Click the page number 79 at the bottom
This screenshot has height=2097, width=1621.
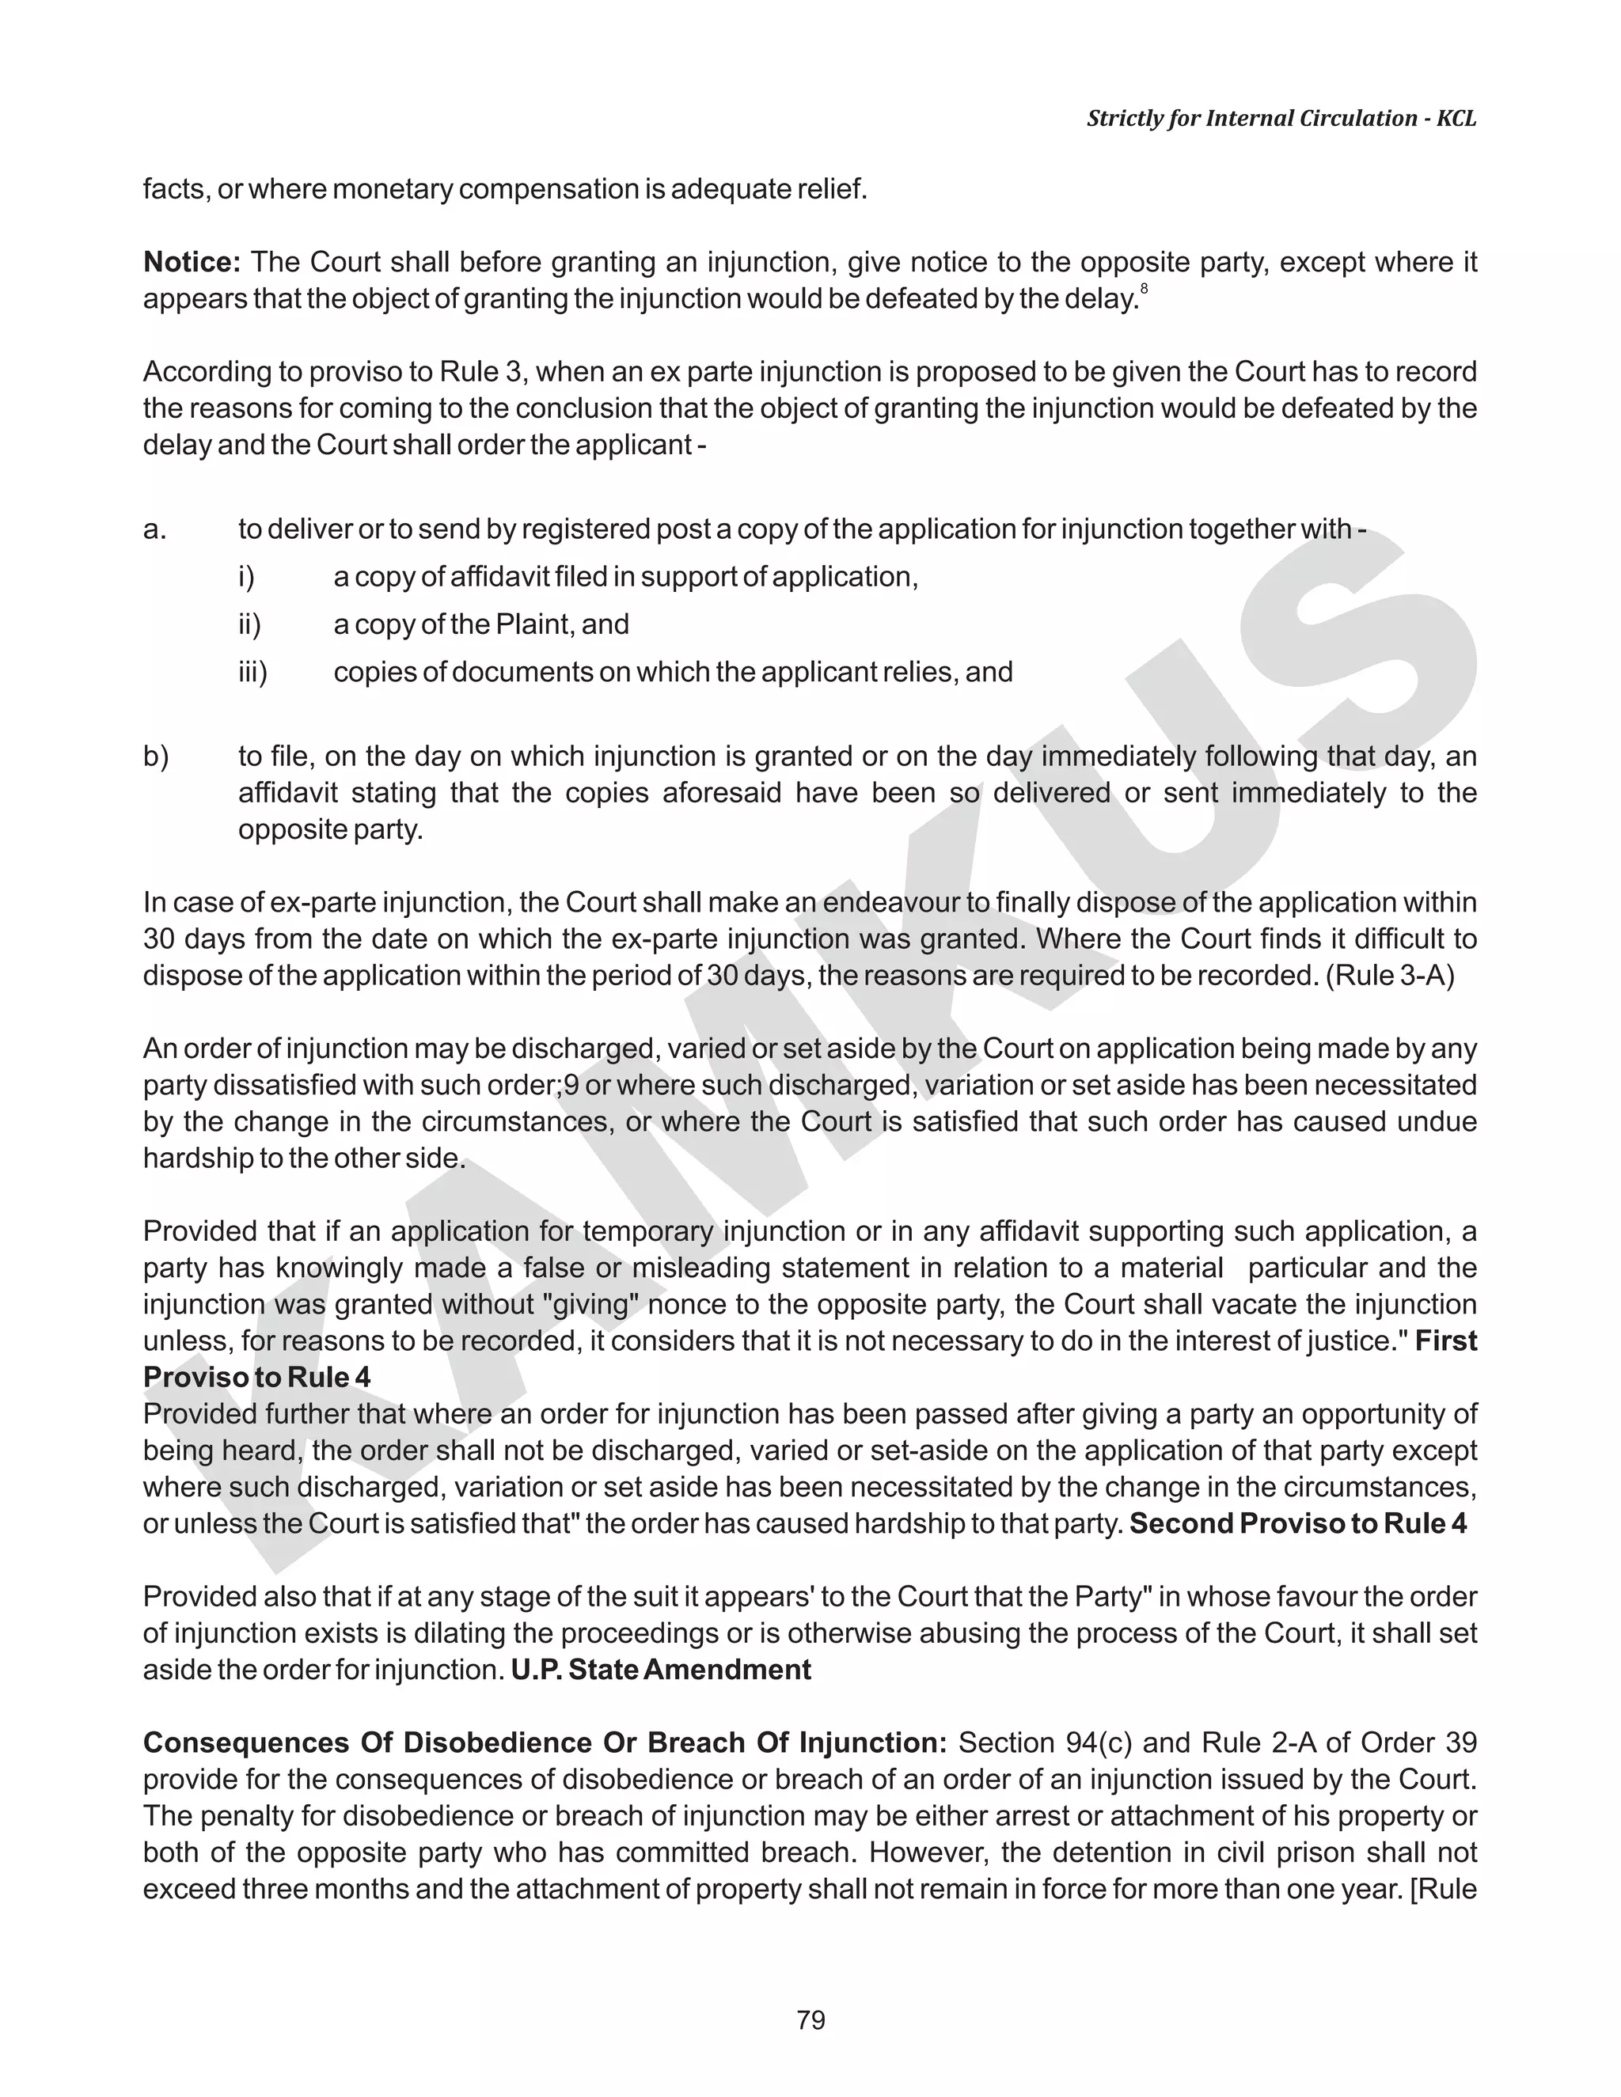pyautogui.click(x=810, y=2020)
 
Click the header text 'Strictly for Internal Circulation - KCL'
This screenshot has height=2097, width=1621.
pyautogui.click(x=1281, y=118)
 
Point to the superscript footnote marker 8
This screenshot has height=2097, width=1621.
pyautogui.click(x=1144, y=289)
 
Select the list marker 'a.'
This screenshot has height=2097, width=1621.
pyautogui.click(x=154, y=529)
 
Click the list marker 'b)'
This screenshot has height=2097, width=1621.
pyautogui.click(x=156, y=757)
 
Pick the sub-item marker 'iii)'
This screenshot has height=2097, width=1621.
pyautogui.click(x=252, y=672)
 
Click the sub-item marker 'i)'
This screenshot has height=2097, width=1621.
pyautogui.click(x=246, y=577)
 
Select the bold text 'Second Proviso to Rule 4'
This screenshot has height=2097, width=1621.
pyautogui.click(x=1297, y=1524)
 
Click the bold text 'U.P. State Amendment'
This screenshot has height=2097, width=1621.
pyautogui.click(x=661, y=1670)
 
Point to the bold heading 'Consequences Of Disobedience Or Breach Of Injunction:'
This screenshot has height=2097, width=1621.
pyautogui.click(x=545, y=1742)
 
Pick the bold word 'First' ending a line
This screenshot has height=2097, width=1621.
pyautogui.click(x=1445, y=1341)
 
